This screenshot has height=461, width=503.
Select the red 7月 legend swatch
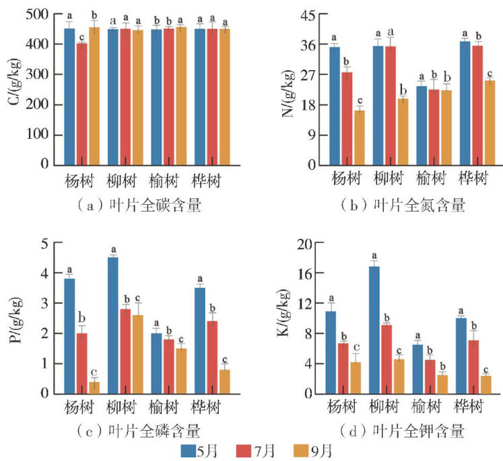click(247, 449)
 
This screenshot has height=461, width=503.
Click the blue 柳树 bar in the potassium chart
click(374, 330)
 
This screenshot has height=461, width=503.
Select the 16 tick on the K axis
click(306, 274)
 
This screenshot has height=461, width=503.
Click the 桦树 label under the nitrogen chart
click(474, 179)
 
